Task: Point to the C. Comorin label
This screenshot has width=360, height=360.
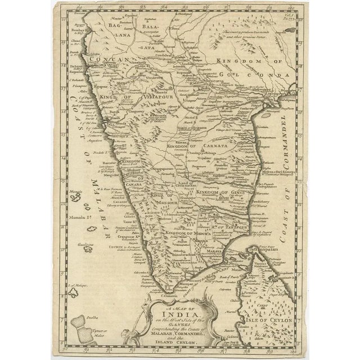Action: pos(169,295)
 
